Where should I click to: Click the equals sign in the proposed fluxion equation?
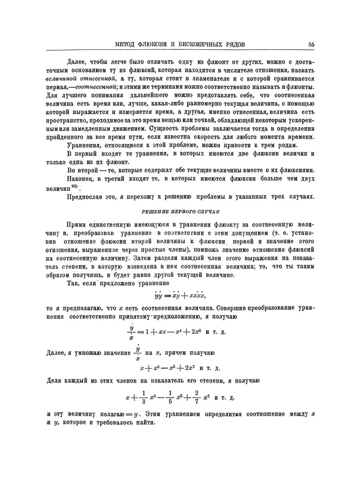click(169, 295)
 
